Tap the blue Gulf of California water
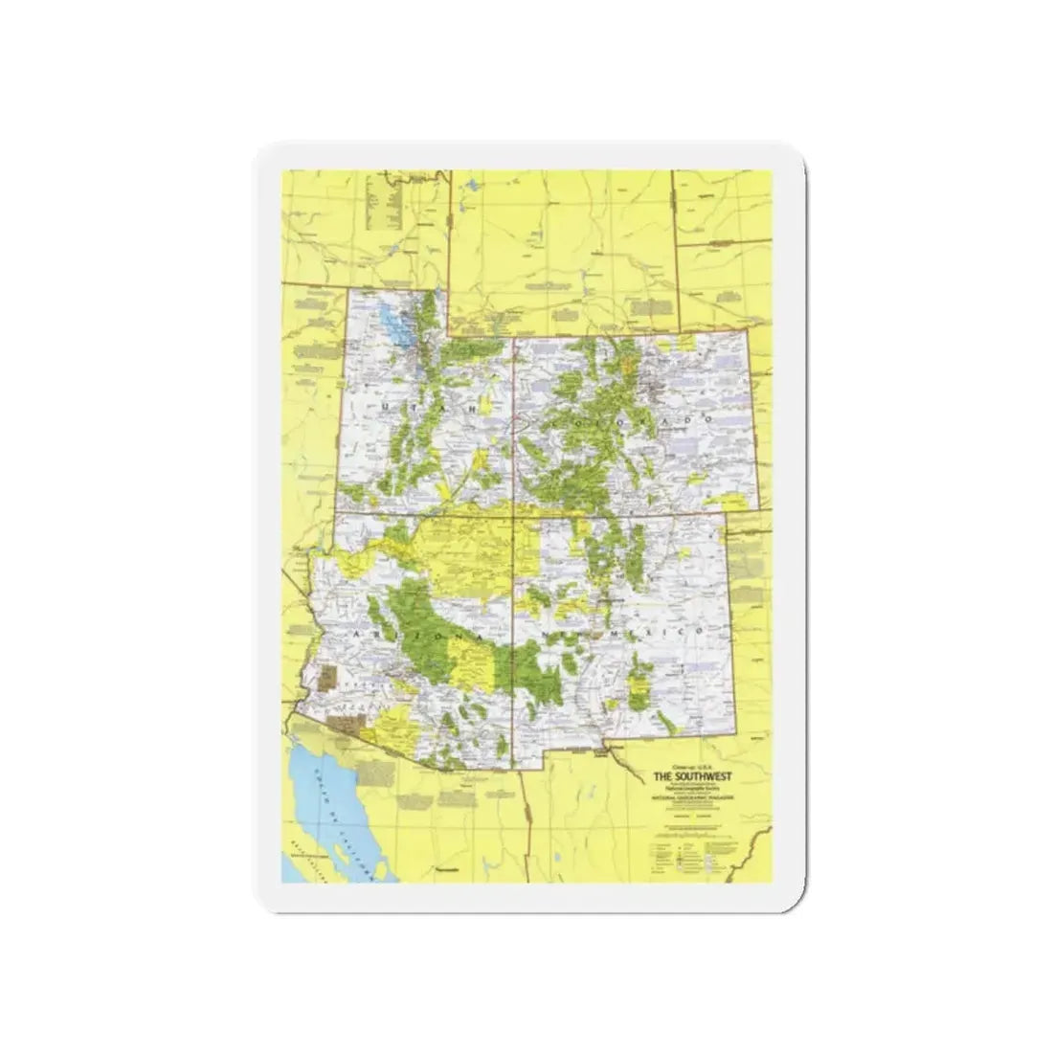pos(325,814)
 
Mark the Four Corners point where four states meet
pos(514,516)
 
